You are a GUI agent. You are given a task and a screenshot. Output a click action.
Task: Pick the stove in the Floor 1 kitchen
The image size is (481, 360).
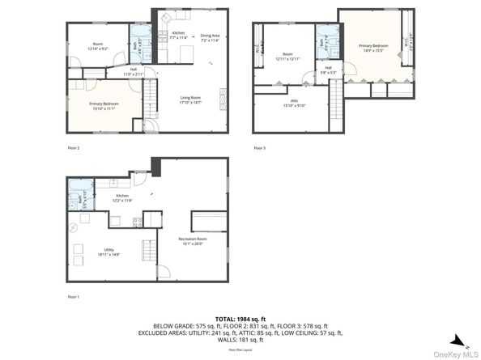point(138,221)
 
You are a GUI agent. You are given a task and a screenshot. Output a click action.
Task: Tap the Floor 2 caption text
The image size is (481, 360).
point(73,149)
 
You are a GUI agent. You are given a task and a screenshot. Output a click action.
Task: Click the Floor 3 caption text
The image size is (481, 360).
point(259,149)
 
